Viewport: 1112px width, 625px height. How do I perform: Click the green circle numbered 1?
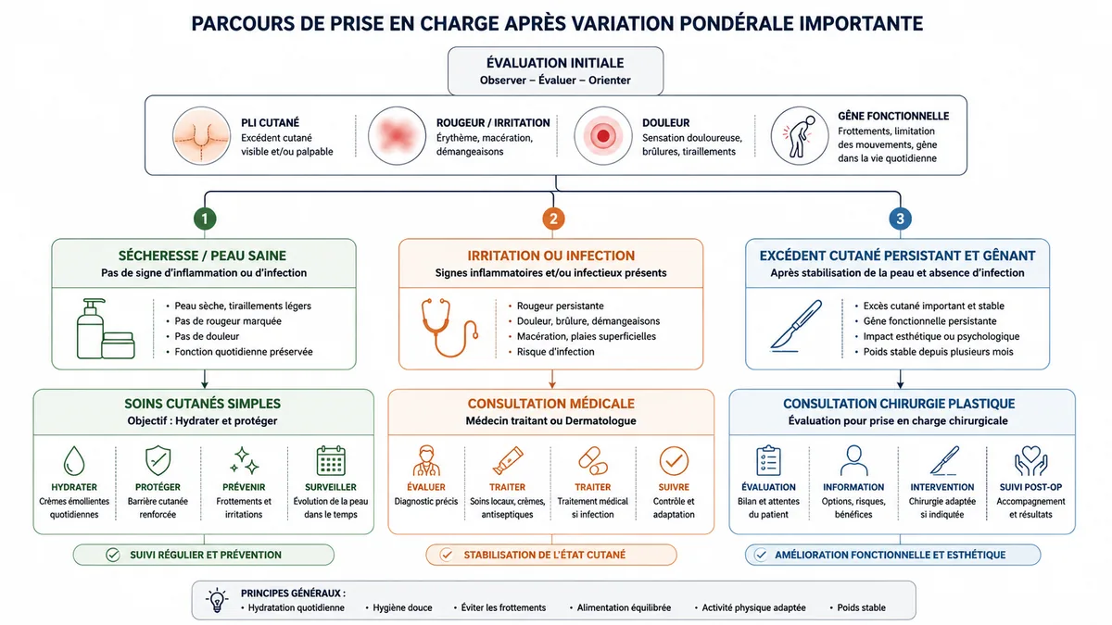pos(205,219)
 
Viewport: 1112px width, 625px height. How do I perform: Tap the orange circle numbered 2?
pos(553,219)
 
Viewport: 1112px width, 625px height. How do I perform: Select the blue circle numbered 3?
pos(900,219)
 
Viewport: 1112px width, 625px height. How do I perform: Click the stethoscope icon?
pos(449,328)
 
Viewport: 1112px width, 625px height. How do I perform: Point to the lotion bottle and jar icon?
pos(106,329)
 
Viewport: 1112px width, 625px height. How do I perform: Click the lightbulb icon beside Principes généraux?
pos(217,600)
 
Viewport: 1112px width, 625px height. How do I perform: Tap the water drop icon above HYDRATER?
pos(74,461)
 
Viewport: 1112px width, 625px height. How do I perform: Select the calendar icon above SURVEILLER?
pos(331,461)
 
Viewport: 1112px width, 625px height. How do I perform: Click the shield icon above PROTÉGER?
pos(158,460)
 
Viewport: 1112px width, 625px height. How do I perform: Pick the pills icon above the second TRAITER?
pos(593,461)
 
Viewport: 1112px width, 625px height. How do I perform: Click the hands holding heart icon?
pos(1030,461)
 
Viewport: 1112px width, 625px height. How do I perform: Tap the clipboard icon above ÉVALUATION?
pos(768,460)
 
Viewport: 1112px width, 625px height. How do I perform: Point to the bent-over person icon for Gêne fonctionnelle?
pos(799,136)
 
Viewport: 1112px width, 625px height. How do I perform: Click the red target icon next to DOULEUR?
pos(602,136)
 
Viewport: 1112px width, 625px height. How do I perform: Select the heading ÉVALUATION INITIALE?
pos(555,63)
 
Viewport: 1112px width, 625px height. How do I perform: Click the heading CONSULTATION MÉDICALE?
pos(551,404)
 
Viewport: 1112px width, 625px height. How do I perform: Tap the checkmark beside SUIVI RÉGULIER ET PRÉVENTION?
pos(113,555)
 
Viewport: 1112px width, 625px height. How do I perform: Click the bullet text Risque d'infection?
pos(555,352)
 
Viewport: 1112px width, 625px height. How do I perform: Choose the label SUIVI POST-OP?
pos(1030,487)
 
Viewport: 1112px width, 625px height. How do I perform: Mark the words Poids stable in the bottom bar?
pos(861,607)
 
